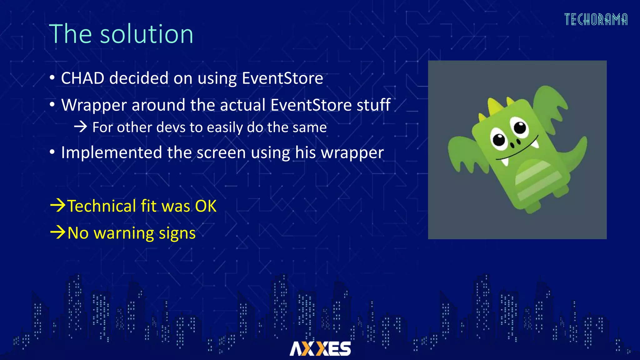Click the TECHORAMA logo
(596, 19)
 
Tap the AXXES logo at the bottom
(320, 348)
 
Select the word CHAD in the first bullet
(82, 78)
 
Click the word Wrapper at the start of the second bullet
(94, 105)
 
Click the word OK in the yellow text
(206, 206)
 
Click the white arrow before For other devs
(80, 127)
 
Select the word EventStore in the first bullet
(282, 78)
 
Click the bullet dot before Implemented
(52, 152)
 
